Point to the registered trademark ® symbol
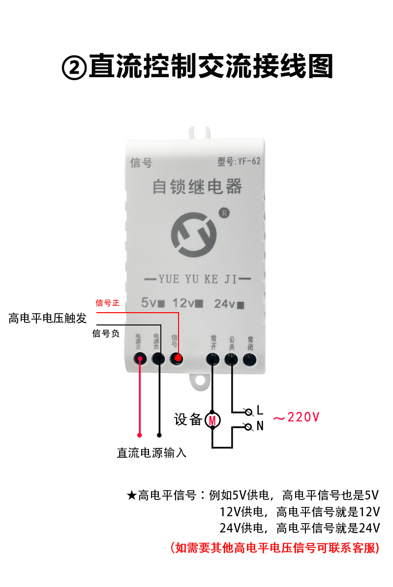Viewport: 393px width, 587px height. coord(224,213)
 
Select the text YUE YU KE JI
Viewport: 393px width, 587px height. coord(198,279)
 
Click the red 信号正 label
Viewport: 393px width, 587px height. coord(108,303)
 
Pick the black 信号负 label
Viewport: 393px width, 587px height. coord(106,333)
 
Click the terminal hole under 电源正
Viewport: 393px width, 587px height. coord(140,359)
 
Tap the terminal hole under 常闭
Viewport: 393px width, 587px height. coord(250,359)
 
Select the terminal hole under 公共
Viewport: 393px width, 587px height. coord(231,359)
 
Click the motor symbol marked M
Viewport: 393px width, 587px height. coord(212,420)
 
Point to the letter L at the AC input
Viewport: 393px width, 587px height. coord(260,410)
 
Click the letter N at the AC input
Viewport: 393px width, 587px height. coord(260,426)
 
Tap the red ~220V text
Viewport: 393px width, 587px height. coord(296,417)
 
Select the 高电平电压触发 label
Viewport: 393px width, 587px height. coord(48,318)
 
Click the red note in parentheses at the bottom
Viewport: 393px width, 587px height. coord(275,547)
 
